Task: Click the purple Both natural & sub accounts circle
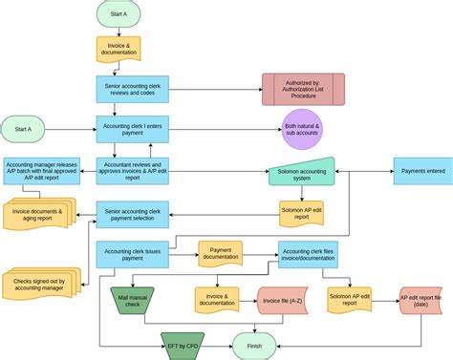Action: pyautogui.click(x=303, y=129)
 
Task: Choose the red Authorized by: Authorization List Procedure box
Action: pyautogui.click(x=303, y=91)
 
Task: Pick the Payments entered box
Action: pyautogui.click(x=422, y=171)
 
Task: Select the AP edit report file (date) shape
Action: pyautogui.click(x=425, y=301)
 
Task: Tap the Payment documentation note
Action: pyautogui.click(x=227, y=254)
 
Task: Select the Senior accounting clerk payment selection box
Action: pyautogui.click(x=132, y=213)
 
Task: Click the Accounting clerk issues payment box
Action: pyautogui.click(x=132, y=255)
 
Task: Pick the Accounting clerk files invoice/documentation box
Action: pyautogui.click(x=308, y=254)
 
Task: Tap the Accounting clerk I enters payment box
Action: pyautogui.click(x=132, y=129)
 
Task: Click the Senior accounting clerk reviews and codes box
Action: pyautogui.click(x=132, y=89)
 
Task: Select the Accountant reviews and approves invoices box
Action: pyautogui.click(x=132, y=171)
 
